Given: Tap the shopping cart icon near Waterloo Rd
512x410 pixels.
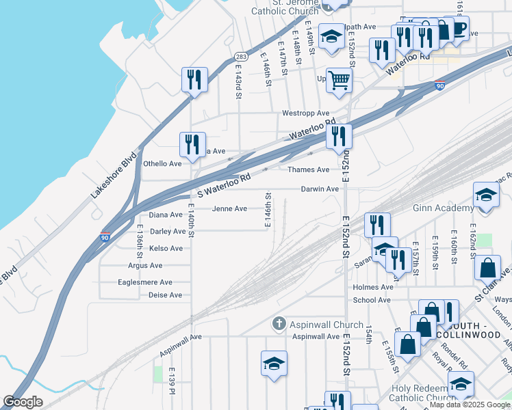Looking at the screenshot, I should [339, 81].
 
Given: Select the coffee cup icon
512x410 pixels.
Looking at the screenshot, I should [457, 28].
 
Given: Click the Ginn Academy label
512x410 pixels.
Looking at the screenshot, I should [443, 208].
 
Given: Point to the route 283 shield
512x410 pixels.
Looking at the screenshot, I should [240, 57].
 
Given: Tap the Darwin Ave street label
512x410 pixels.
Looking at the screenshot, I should [320, 189].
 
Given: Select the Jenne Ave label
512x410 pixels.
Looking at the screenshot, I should [230, 208].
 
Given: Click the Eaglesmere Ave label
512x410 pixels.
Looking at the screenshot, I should [145, 282].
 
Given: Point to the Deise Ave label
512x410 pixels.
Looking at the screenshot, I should [165, 295].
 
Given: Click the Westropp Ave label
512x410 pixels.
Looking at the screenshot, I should [306, 113].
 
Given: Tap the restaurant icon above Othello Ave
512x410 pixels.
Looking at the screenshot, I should [192, 145].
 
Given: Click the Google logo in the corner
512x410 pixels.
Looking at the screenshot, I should [23, 402].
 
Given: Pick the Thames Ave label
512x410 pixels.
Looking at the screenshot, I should [308, 169].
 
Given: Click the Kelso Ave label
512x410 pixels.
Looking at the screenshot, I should [166, 248].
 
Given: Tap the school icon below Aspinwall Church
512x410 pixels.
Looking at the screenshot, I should [274, 364].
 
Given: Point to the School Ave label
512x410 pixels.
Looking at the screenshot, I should [372, 300].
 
